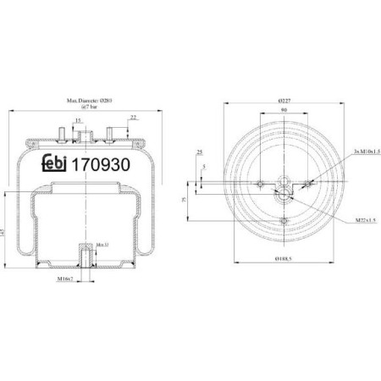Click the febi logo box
(57, 165)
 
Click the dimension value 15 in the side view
(77, 121)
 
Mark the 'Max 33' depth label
(102, 246)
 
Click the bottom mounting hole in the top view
(281, 222)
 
